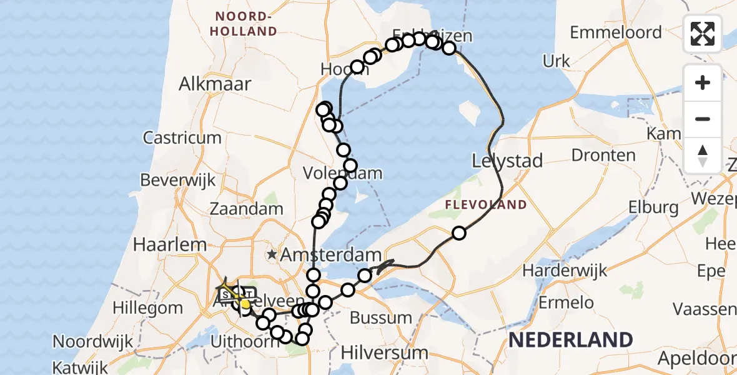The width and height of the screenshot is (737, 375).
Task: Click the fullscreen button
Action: pyautogui.click(x=703, y=34)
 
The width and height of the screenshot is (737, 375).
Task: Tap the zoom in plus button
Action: pyautogui.click(x=703, y=82)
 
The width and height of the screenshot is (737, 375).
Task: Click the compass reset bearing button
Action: pyautogui.click(x=703, y=155)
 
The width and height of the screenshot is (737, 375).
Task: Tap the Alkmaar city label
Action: pyautogui.click(x=215, y=84)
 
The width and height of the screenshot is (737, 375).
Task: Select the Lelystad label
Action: pyautogui.click(x=507, y=161)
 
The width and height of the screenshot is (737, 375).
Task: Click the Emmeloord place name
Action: pyautogui.click(x=615, y=32)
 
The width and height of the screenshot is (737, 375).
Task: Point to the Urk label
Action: pyautogui.click(x=556, y=61)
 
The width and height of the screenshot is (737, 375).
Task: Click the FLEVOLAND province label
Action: pyautogui.click(x=485, y=204)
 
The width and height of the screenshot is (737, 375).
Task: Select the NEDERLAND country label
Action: pyautogui.click(x=571, y=341)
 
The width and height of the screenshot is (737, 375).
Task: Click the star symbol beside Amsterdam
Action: pyautogui.click(x=272, y=254)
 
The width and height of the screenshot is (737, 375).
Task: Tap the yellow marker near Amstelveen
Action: pyautogui.click(x=245, y=304)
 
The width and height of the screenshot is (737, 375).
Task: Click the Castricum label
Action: pyautogui.click(x=182, y=137)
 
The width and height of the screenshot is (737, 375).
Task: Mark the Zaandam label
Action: pyautogui.click(x=247, y=208)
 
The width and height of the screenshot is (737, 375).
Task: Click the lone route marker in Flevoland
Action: pyautogui.click(x=459, y=233)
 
